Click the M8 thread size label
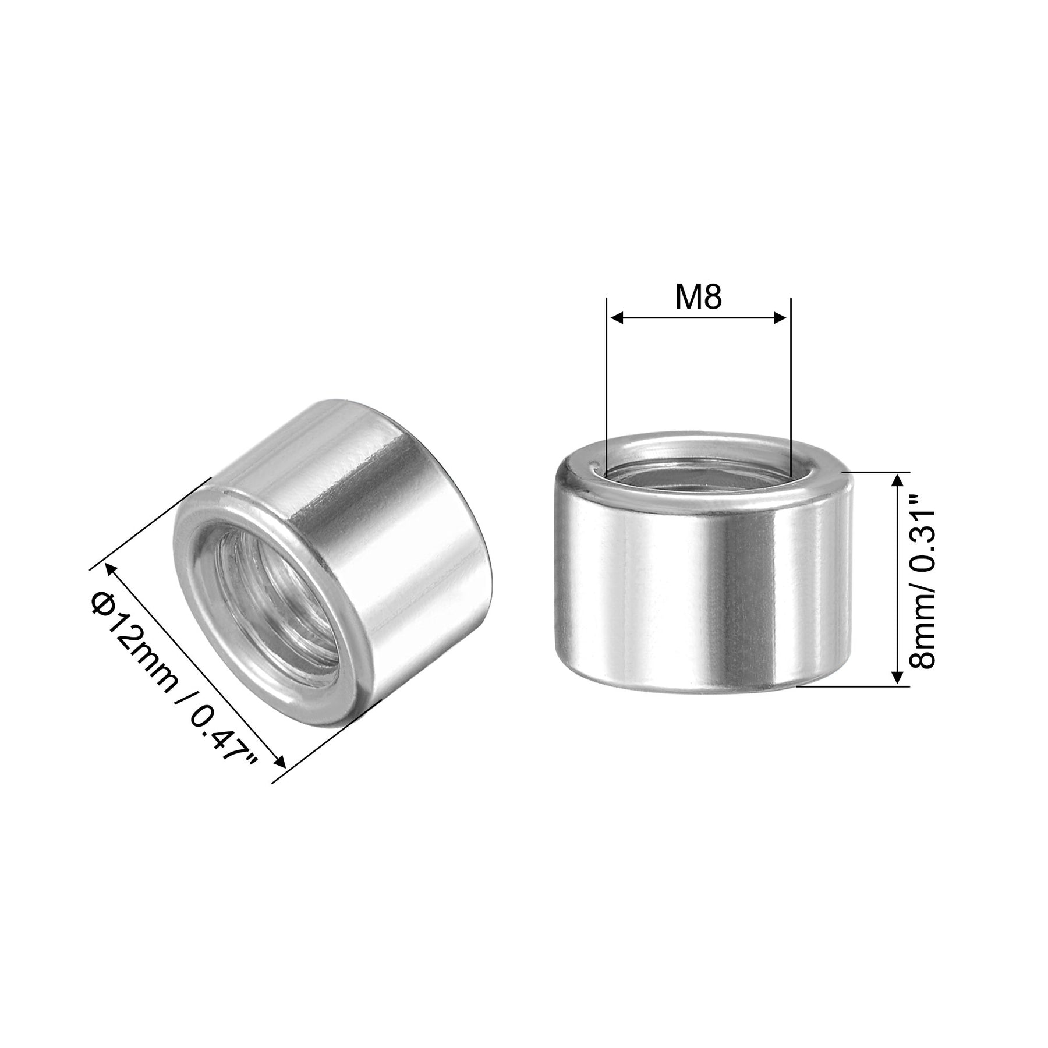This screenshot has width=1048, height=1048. (x=698, y=298)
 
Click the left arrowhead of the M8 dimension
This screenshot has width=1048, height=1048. (x=615, y=318)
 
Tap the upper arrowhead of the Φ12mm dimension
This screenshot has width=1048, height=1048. (x=109, y=570)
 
